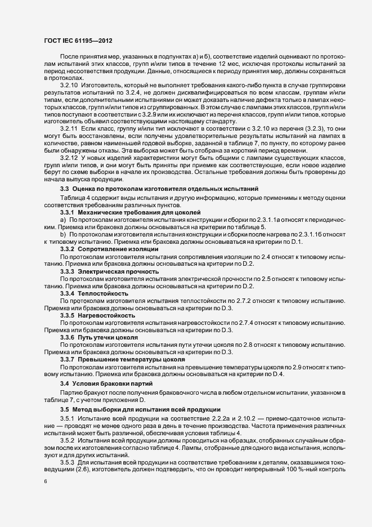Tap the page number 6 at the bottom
point(45,483)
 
